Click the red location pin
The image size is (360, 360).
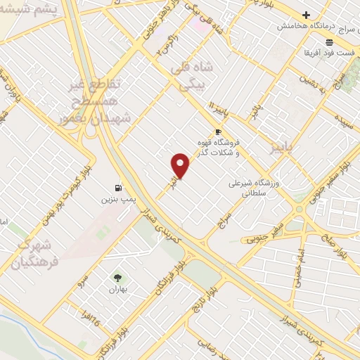[x=181, y=165]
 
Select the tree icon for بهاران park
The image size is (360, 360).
[x=117, y=277]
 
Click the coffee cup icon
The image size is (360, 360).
[x=218, y=131]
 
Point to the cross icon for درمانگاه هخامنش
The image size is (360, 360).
[x=306, y=15]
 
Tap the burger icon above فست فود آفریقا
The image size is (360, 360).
[x=329, y=42]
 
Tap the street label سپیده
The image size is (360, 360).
[x=344, y=116]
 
